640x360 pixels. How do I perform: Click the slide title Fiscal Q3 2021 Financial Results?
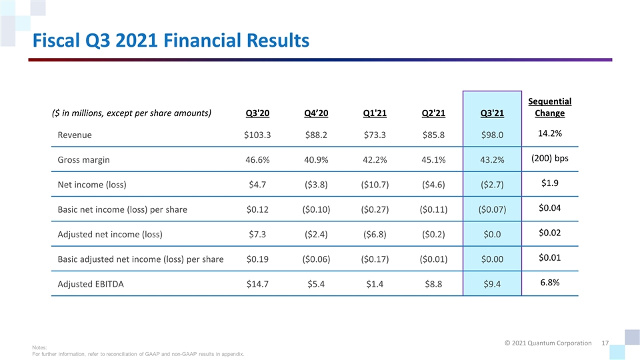167,41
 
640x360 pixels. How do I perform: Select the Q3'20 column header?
258,113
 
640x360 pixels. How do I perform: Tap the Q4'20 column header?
317,113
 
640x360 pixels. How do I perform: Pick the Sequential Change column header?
549,107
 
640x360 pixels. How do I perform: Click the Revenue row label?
75,135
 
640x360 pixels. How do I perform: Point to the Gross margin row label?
84,160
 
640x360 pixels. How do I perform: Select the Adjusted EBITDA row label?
91,284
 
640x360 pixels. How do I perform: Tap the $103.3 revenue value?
258,135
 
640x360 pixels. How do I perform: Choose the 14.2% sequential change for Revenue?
549,133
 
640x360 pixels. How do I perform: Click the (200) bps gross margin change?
549,159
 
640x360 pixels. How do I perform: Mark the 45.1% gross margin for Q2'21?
434,160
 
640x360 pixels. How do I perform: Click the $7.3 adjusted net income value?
258,234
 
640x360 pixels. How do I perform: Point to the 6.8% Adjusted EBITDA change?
549,283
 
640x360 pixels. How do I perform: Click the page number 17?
605,343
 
